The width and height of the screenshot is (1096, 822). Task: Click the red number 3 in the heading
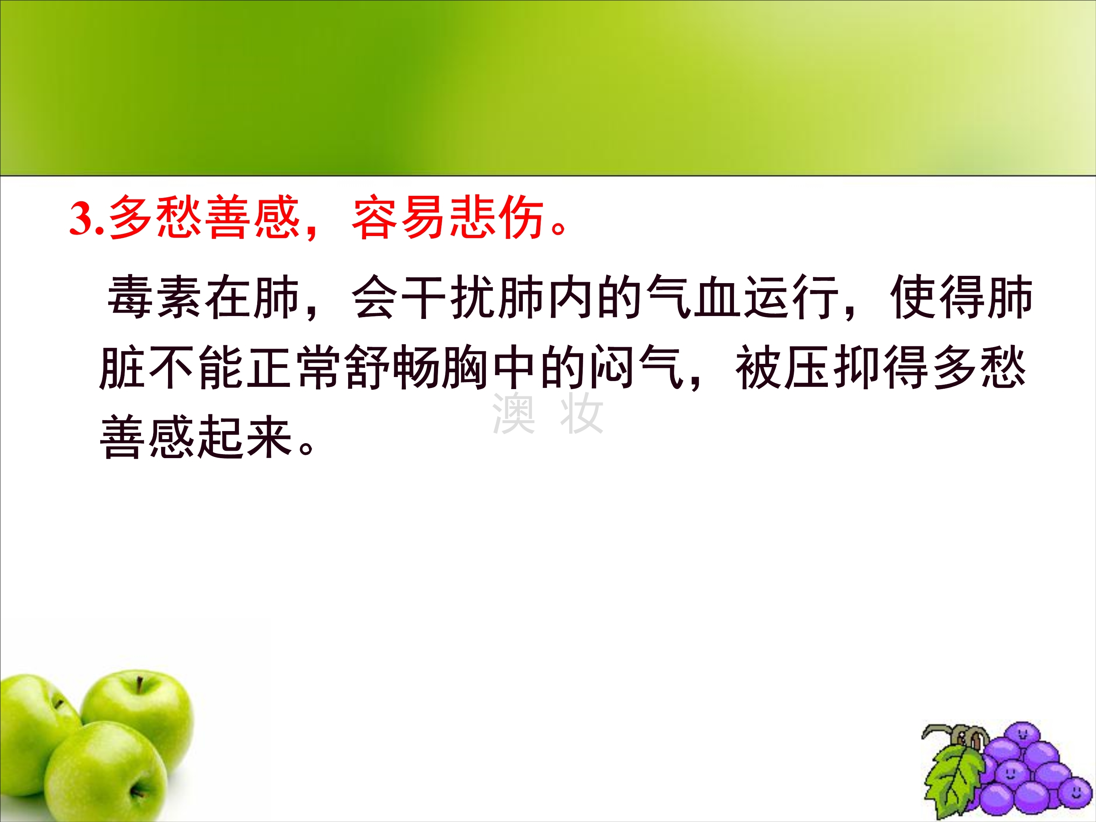pos(82,218)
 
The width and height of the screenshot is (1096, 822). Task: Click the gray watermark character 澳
pos(514,413)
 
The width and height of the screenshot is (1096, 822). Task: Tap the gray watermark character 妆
pos(582,413)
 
